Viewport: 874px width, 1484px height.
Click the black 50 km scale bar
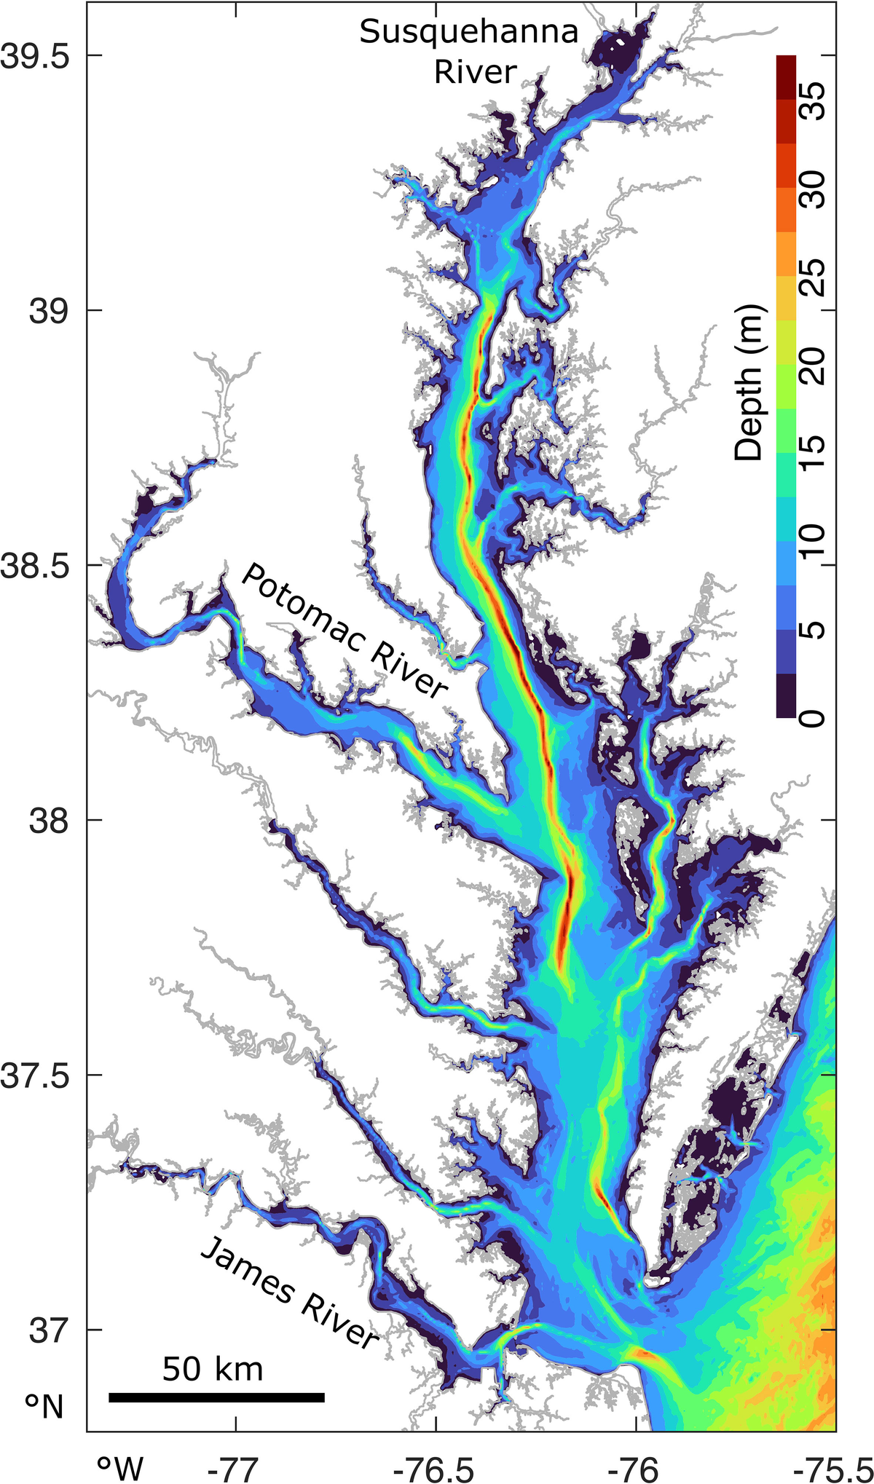pyautogui.click(x=216, y=1397)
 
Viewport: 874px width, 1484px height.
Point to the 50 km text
pyautogui.click(x=212, y=1369)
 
